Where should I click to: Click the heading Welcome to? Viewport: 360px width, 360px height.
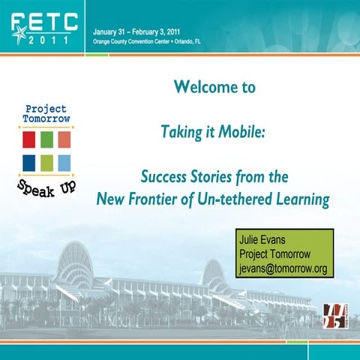click(214, 88)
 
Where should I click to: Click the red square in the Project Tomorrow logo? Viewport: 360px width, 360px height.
click(29, 139)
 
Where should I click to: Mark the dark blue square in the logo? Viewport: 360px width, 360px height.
click(29, 162)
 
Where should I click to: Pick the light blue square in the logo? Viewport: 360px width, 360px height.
click(64, 162)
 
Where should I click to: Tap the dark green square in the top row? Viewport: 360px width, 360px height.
click(46, 139)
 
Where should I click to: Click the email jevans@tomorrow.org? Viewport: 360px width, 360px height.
click(282, 268)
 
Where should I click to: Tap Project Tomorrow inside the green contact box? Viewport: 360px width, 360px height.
click(274, 255)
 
